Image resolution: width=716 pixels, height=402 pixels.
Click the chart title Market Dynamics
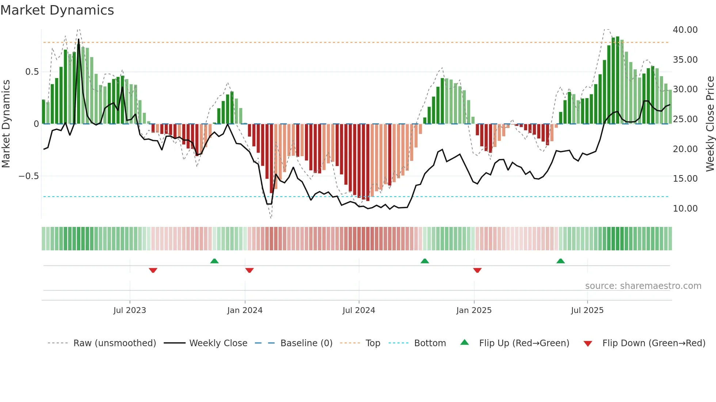pyautogui.click(x=57, y=10)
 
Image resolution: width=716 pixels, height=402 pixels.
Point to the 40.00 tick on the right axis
pyautogui.click(x=685, y=30)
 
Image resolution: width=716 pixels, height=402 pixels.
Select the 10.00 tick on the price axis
pyautogui.click(x=685, y=209)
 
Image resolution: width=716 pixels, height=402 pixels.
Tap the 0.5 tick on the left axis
pyautogui.click(x=32, y=72)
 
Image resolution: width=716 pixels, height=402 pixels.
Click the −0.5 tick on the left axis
pyautogui.click(x=28, y=176)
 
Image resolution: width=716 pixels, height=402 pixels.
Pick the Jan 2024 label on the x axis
pyautogui.click(x=245, y=310)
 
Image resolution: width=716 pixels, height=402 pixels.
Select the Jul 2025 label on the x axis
pyautogui.click(x=587, y=310)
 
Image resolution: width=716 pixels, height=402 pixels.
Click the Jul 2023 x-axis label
pyautogui.click(x=130, y=310)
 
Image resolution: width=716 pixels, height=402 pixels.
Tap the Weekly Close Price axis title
pyautogui.click(x=710, y=124)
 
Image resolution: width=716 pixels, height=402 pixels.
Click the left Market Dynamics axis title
pyautogui.click(x=6, y=124)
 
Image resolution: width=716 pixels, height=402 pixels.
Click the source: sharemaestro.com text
pyautogui.click(x=643, y=286)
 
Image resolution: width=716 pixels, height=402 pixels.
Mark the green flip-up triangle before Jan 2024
pyautogui.click(x=214, y=261)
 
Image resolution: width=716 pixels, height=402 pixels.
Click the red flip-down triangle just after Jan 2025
pyautogui.click(x=477, y=270)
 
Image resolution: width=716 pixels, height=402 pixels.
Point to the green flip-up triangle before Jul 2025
pyautogui.click(x=560, y=261)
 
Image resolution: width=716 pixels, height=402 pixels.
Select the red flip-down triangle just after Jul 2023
pyautogui.click(x=153, y=270)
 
